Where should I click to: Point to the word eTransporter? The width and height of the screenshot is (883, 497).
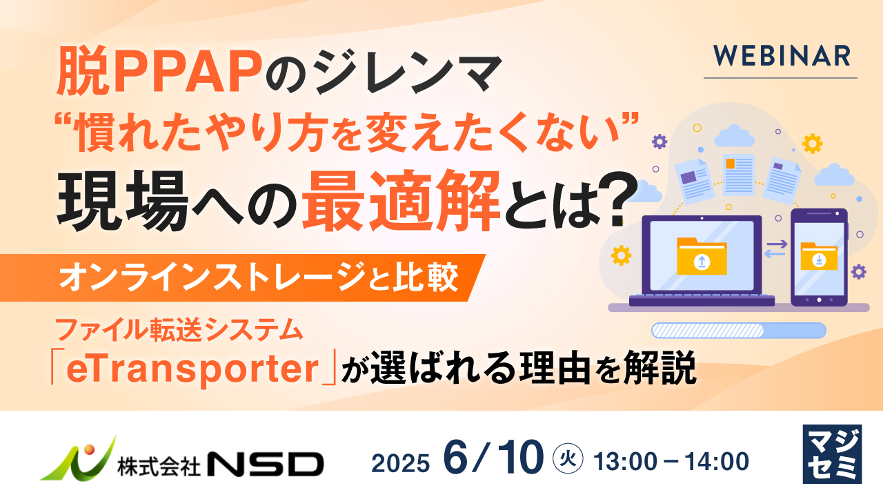point(189,370)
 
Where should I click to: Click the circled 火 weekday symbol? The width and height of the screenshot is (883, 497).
point(569,457)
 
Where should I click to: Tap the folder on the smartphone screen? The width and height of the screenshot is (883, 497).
point(819,257)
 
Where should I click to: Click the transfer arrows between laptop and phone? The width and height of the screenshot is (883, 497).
point(776,249)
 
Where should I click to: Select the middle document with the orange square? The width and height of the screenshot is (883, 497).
point(738,173)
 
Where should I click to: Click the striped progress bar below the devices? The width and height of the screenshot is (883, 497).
point(739,330)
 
